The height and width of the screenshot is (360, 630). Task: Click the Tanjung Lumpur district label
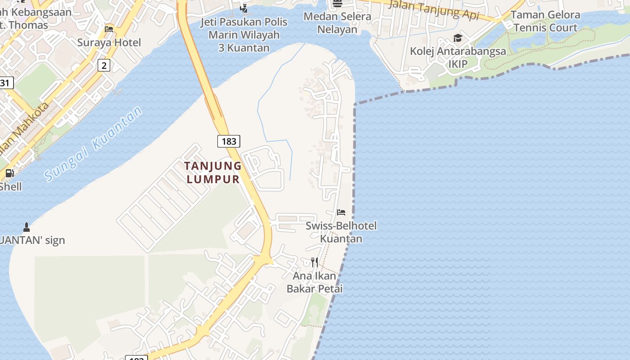213,172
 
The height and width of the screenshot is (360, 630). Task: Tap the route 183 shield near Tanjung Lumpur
229,141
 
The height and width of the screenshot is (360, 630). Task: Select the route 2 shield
104,66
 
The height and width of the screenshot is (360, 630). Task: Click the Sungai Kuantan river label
94,144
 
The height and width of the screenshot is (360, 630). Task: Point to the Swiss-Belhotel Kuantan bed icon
341,212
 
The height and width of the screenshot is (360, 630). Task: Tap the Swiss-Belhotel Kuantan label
341,232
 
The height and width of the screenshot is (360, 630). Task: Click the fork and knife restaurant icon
315,262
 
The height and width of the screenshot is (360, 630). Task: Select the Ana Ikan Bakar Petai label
315,282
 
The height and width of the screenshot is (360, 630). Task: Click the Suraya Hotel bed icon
109,29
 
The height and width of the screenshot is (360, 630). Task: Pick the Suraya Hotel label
109,43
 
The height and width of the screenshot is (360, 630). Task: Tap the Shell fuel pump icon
9,173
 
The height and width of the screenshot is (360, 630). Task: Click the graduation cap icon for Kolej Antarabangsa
458,38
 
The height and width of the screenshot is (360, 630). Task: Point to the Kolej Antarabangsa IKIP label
458,58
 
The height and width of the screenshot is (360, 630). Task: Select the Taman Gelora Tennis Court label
545,21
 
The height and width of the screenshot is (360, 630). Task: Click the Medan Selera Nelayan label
337,23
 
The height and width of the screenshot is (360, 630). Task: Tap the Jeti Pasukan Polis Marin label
244,35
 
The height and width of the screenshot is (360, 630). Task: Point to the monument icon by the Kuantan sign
26,227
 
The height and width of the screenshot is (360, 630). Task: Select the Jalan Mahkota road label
27,128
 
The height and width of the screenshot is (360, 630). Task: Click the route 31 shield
5,83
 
